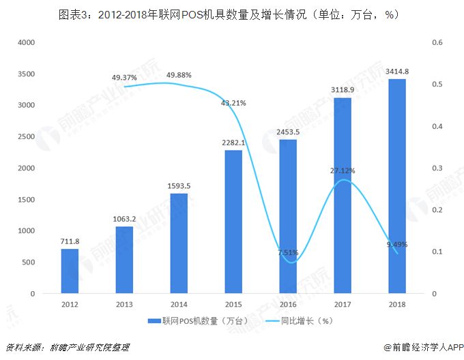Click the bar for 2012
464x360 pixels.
70,271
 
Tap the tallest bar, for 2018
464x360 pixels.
397,186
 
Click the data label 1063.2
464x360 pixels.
124,219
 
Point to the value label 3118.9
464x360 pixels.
343,89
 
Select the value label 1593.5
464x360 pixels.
179,185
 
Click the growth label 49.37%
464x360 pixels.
124,78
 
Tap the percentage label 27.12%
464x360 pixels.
343,170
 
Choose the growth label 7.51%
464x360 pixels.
288,252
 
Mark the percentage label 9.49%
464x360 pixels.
397,245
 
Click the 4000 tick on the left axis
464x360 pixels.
26,42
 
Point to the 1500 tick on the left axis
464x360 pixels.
26,199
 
